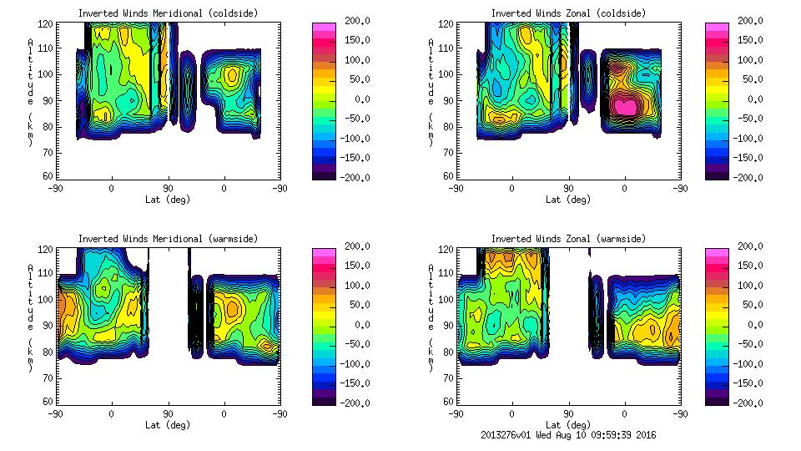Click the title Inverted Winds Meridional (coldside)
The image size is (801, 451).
[168, 13]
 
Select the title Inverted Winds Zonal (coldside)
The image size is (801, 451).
[568, 13]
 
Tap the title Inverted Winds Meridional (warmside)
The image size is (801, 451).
[168, 239]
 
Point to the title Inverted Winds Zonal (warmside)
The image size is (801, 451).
[568, 239]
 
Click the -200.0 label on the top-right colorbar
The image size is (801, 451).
[743, 178]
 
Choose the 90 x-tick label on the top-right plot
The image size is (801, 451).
[569, 188]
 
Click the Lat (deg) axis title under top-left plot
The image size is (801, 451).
[168, 200]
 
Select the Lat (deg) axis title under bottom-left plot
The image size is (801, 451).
[168, 425]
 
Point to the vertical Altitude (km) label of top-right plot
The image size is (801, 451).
[431, 92]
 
